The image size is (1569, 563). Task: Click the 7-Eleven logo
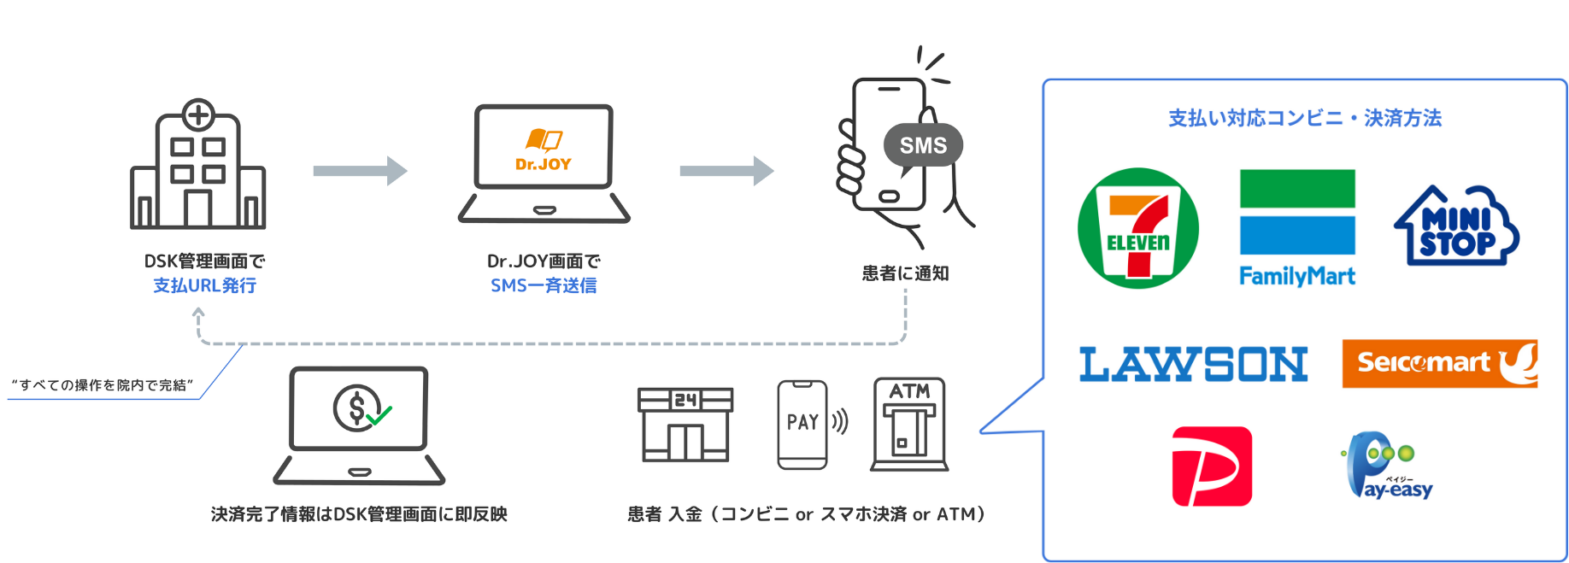1137,228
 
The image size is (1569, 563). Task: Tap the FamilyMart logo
1297,227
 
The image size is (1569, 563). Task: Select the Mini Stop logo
1456,226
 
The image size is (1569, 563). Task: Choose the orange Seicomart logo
1440,363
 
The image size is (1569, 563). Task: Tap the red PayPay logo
1212,466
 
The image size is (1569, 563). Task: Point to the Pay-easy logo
1387,466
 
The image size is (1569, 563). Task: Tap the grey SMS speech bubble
923,146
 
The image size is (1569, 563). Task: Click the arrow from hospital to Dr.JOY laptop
360,171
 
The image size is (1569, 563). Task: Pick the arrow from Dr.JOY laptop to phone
726,171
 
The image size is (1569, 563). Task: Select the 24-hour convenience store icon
685,425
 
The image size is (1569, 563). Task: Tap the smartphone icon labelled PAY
803,424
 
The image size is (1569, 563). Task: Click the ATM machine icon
909,424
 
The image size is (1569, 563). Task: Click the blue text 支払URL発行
204,285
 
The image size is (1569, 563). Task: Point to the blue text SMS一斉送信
544,285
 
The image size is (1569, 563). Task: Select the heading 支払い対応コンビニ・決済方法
1304,118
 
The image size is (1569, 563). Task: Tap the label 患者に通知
905,273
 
